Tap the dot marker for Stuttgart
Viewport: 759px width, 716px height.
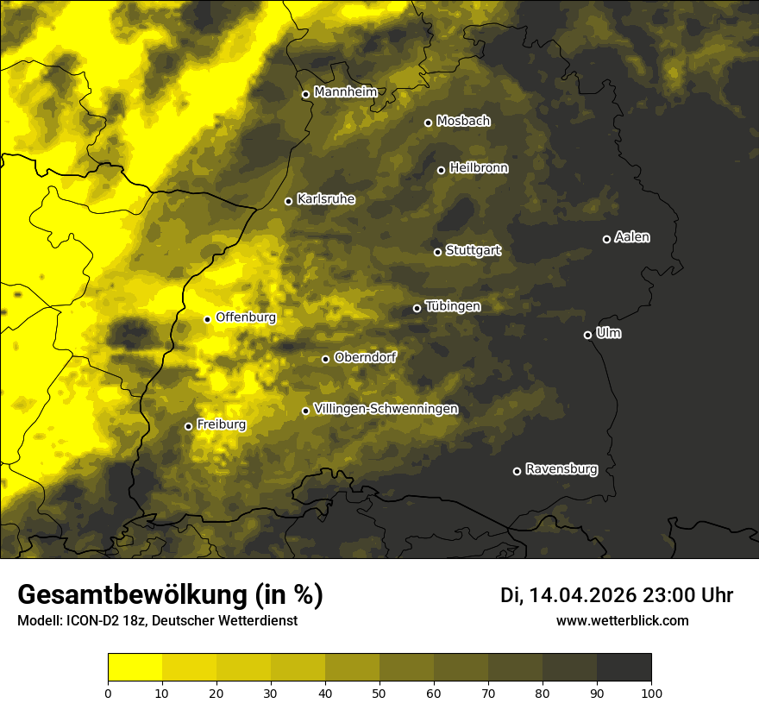pos(437,252)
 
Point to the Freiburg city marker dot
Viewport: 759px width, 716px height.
pos(188,426)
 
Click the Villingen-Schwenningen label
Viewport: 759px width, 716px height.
pos(386,409)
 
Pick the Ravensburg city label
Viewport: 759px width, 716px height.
pos(561,469)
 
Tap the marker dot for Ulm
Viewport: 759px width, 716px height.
pos(587,335)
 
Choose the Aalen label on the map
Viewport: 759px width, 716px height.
pos(631,237)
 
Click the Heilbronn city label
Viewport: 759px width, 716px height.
pos(479,168)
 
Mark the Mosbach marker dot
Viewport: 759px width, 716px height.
pos(428,122)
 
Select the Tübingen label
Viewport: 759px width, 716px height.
pos(453,306)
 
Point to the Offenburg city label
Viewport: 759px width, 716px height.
pos(246,317)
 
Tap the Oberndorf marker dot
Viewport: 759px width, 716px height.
pos(325,359)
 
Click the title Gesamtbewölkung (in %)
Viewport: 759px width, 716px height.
pos(170,594)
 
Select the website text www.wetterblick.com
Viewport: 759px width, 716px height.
pos(622,620)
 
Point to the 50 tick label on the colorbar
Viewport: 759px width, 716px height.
pos(379,692)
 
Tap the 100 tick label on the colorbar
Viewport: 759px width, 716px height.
pos(651,692)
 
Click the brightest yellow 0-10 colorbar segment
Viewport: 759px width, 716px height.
pos(135,667)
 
